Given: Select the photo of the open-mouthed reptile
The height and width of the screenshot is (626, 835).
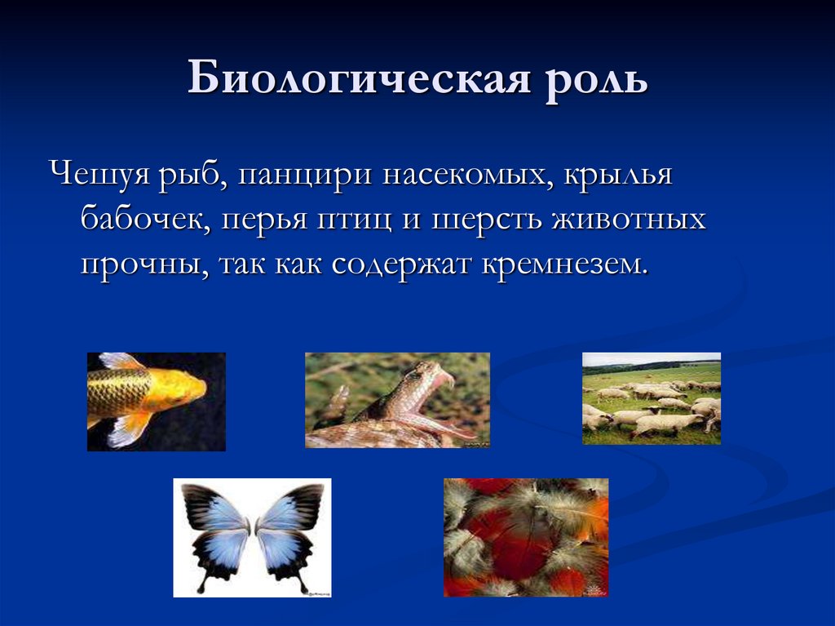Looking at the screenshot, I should click(x=397, y=400).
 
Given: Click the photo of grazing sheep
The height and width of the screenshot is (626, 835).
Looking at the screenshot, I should click(x=651, y=398).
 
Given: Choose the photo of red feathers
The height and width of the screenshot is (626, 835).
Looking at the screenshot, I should click(x=525, y=537).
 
